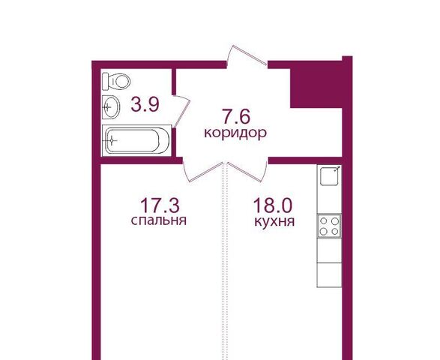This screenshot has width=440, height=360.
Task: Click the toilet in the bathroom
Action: point(116,82)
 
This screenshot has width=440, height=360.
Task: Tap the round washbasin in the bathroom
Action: point(111,107)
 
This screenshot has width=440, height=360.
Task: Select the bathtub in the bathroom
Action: point(136,140)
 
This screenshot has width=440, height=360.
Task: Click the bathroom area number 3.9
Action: point(145,104)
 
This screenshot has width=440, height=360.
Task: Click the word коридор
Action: point(235,133)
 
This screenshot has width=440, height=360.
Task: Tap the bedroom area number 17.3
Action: point(160,205)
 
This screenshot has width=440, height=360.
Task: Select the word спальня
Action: point(159,220)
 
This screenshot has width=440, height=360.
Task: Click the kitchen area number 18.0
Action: point(273,205)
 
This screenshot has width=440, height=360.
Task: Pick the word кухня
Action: point(274,221)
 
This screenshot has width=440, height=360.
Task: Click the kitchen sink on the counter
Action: point(329,176)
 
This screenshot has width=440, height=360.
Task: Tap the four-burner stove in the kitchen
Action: point(329,226)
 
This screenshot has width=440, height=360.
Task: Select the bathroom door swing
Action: point(181,111)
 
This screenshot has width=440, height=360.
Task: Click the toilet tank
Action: point(106,82)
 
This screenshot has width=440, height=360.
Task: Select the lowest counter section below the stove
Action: point(329,275)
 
